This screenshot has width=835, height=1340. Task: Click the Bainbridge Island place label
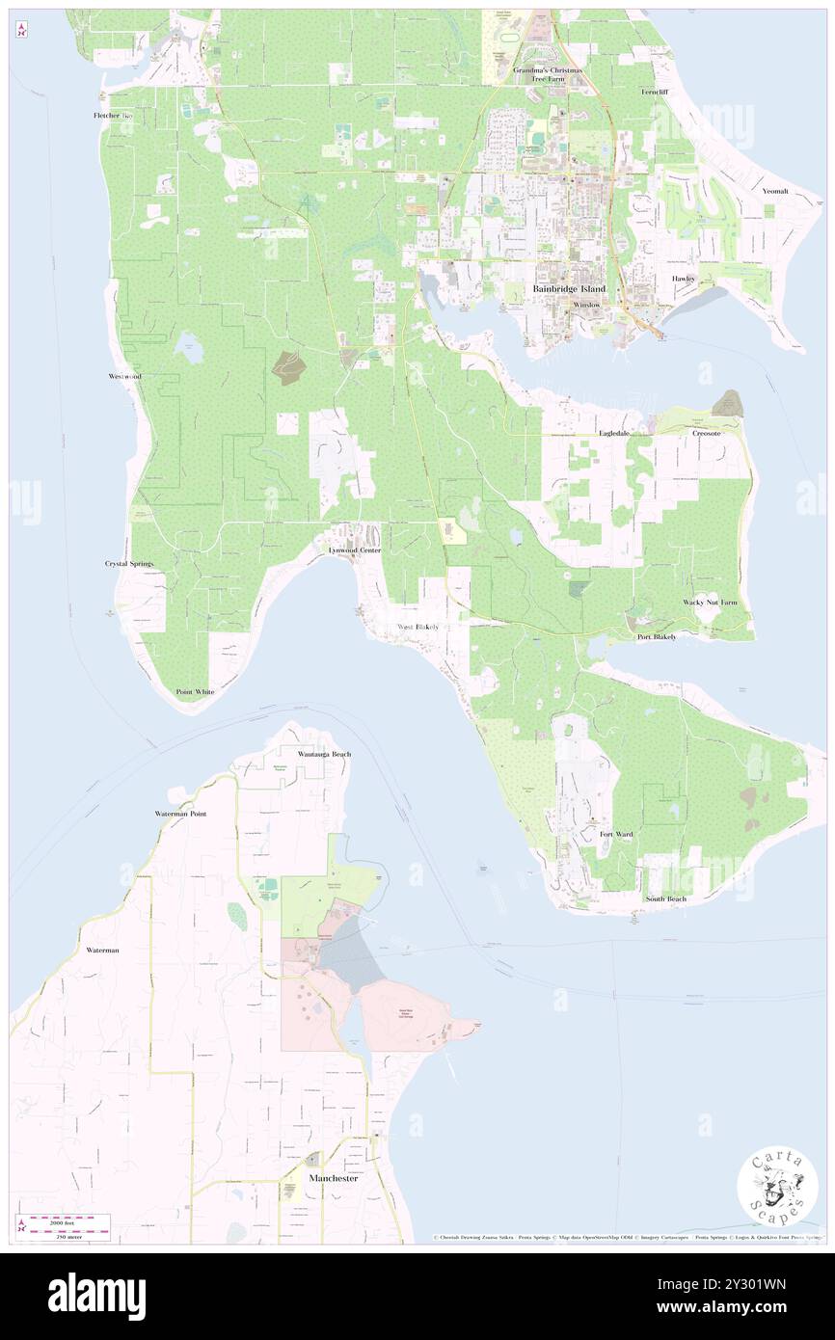point(570,289)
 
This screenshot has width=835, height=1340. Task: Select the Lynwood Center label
point(354,550)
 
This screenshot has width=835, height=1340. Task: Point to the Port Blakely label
point(656,637)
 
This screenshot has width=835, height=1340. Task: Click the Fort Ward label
point(615,834)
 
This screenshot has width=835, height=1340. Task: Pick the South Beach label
point(665,899)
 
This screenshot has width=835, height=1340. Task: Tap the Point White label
point(195,692)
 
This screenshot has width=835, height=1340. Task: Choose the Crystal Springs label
point(129,563)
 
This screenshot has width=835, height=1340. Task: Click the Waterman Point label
point(180,814)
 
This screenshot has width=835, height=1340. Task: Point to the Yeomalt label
point(774,192)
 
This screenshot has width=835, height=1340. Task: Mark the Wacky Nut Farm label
point(710,603)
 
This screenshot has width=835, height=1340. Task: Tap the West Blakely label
point(418,628)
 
